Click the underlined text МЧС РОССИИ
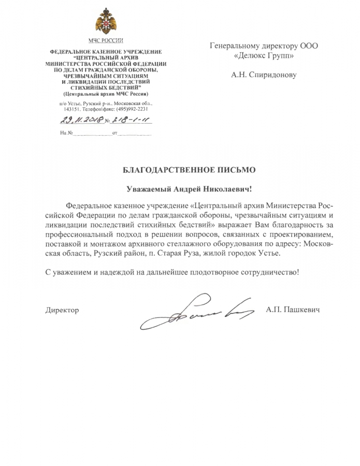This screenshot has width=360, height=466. [x=105, y=40]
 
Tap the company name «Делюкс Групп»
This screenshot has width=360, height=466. [x=264, y=55]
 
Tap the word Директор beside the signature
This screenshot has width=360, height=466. [x=62, y=310]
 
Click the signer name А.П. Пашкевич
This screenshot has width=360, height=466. [x=293, y=310]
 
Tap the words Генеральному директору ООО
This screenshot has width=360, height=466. [x=264, y=46]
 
